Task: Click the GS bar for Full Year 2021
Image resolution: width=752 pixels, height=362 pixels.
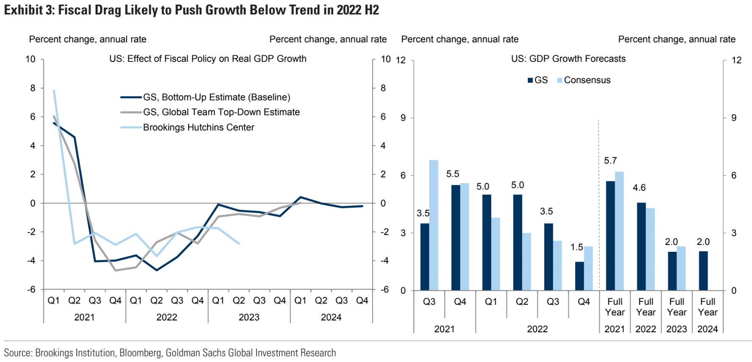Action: (610, 236)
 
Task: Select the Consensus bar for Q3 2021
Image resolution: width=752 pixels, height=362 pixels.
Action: (434, 225)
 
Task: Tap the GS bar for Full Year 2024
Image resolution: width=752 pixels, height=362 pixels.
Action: (703, 271)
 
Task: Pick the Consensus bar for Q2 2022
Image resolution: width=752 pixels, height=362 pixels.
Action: (526, 262)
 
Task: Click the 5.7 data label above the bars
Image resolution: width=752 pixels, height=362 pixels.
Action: (610, 161)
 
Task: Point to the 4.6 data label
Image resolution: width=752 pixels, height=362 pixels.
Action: (639, 188)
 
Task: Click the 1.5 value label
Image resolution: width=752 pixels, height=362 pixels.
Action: (577, 247)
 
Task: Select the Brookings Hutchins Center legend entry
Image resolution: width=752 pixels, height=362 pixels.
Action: (198, 127)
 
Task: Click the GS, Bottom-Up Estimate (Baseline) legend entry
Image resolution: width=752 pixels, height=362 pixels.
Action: (216, 97)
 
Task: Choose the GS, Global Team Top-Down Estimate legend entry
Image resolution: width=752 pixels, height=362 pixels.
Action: (221, 112)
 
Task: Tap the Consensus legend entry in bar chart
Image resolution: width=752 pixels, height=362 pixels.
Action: (587, 80)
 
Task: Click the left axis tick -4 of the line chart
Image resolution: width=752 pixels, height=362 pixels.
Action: (31, 261)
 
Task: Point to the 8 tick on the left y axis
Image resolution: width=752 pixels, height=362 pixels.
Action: (33, 88)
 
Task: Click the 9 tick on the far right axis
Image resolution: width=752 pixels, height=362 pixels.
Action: (734, 118)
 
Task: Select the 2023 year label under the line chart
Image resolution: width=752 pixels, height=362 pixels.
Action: (249, 317)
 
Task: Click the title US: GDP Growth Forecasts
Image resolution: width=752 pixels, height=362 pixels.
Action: (568, 58)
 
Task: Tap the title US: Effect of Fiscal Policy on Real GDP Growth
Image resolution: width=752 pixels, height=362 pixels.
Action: (208, 58)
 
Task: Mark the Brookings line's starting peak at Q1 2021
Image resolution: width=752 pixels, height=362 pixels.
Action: (54, 90)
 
